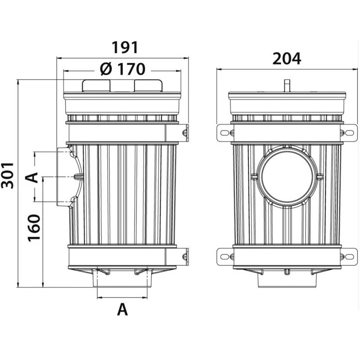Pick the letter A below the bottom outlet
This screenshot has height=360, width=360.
point(122,309)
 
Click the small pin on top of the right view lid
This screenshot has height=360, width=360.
point(286,85)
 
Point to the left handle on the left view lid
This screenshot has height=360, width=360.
point(96,85)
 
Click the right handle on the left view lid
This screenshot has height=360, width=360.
point(148,85)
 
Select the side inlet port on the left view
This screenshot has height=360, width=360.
point(63,177)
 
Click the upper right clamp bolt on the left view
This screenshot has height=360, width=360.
point(184,133)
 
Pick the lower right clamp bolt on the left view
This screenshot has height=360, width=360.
point(184,256)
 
